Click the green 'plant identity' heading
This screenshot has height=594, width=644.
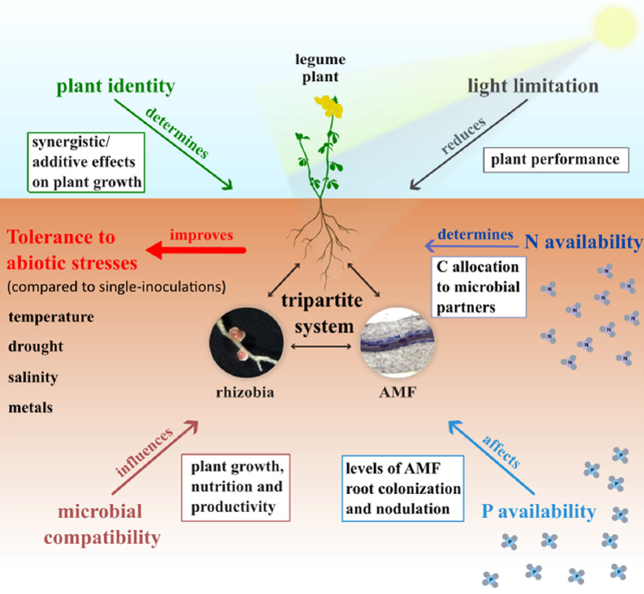pyautogui.click(x=116, y=85)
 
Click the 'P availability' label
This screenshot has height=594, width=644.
pyautogui.click(x=539, y=511)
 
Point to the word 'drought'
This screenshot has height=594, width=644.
pyautogui.click(x=37, y=347)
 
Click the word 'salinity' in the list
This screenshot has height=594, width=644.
pyautogui.click(x=34, y=377)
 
